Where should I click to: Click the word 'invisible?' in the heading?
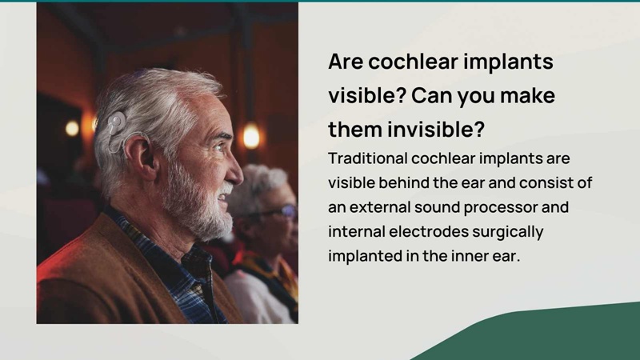(x=436, y=130)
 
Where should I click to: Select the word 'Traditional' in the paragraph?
(x=368, y=158)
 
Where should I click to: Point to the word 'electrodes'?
(x=429, y=231)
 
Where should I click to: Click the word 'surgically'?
(x=508, y=232)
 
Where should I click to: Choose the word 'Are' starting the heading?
(x=346, y=62)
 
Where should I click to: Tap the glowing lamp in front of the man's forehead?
(x=250, y=136)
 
